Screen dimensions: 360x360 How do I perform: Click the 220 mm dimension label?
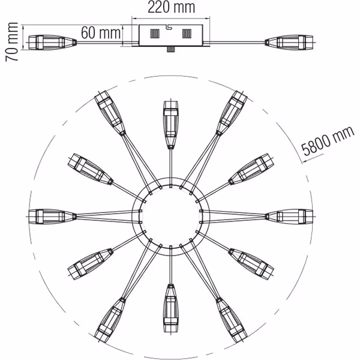(171, 7)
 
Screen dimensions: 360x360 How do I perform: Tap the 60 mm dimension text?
(101, 32)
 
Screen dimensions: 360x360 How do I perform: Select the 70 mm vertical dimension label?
(12, 42)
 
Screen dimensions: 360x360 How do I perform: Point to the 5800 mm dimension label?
(328, 140)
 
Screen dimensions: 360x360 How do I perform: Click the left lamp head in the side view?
(52, 43)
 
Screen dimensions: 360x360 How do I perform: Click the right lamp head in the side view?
(289, 43)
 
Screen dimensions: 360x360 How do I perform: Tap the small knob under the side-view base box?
(170, 49)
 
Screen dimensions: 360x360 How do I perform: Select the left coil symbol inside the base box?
(155, 34)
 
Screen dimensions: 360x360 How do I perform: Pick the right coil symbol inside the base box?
(187, 34)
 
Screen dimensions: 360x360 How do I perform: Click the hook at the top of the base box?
(169, 27)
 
